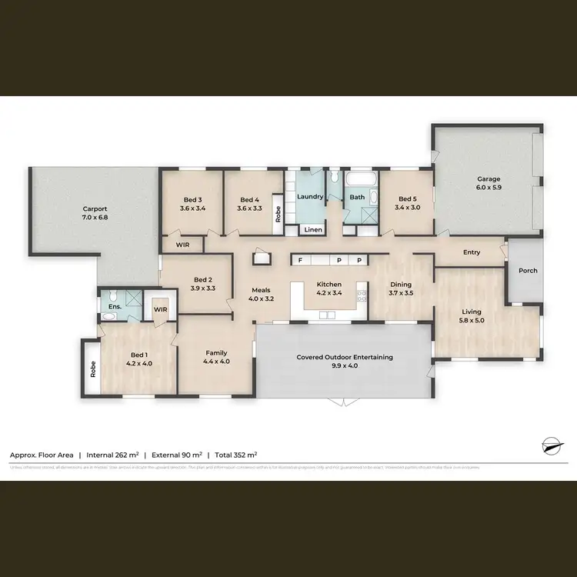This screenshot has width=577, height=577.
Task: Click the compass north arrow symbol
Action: pos(551,445)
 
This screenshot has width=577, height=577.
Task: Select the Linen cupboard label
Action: pos(312,229)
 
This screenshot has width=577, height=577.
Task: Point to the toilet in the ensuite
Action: pos(112,295)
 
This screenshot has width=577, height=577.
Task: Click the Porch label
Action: pos(528,270)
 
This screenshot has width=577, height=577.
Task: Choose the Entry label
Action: pos(472,252)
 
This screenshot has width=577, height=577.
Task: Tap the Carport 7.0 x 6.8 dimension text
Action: pos(95,218)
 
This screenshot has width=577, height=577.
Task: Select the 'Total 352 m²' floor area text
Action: pos(236,455)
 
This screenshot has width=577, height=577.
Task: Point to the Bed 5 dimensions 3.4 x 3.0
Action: pos(408,207)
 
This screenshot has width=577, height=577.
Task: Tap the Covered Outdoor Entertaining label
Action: pos(345,357)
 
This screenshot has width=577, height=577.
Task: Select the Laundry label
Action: pos(309,196)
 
